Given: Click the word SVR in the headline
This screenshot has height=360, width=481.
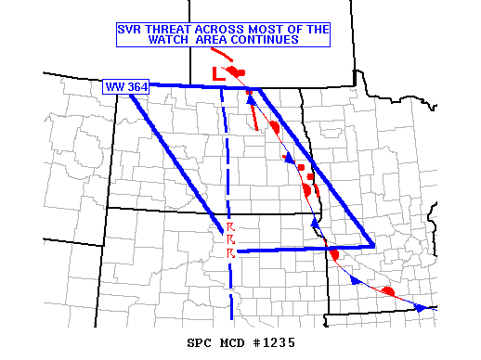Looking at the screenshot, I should pyautogui.click(x=130, y=29).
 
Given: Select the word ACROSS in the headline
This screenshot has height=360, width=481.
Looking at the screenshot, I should pyautogui.click(x=216, y=29).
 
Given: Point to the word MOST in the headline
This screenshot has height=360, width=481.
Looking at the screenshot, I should pyautogui.click(x=261, y=29).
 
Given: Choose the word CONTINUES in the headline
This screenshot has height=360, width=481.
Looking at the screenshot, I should pyautogui.click(x=270, y=41).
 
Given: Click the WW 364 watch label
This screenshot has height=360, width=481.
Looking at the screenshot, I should pyautogui.click(x=122, y=87).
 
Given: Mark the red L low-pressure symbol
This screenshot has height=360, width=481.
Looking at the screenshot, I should pyautogui.click(x=216, y=73).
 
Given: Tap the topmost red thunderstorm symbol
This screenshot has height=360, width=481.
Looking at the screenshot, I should pyautogui.click(x=231, y=226).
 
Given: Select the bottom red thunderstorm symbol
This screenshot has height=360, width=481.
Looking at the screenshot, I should pyautogui.click(x=231, y=252).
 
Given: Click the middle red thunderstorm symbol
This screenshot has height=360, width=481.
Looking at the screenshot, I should pyautogui.click(x=231, y=239).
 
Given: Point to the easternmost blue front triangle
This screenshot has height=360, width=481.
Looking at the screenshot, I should pyautogui.click(x=421, y=307).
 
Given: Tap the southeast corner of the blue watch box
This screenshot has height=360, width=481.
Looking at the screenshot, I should pyautogui.click(x=373, y=246).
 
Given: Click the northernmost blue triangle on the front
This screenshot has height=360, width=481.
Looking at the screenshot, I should pyautogui.click(x=251, y=100).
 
